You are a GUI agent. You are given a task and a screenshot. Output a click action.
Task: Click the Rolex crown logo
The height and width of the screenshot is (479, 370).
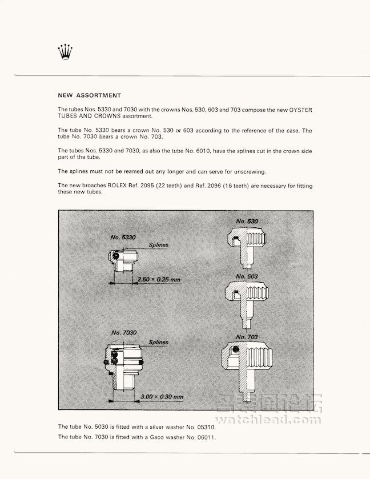coord(66,52)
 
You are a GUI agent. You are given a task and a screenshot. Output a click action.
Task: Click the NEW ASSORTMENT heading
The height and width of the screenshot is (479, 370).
coord(89,95)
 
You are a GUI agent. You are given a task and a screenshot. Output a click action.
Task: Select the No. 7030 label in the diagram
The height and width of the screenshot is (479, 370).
coord(123,333)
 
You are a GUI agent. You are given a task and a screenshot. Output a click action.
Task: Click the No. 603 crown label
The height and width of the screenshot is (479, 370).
coord(247,276)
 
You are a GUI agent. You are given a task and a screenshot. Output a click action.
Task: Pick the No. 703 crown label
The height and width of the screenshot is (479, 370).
coord(247,337)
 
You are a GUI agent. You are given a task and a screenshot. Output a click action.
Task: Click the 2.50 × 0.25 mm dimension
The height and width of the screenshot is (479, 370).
coord(158,280)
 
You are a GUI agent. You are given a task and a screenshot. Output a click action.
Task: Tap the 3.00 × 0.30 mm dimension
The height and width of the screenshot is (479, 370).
coord(162,396)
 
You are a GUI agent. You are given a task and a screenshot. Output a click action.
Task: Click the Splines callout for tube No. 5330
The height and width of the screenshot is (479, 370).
coord(158,245)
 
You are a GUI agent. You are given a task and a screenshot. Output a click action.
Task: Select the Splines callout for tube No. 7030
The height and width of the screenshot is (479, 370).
coord(158,343)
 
